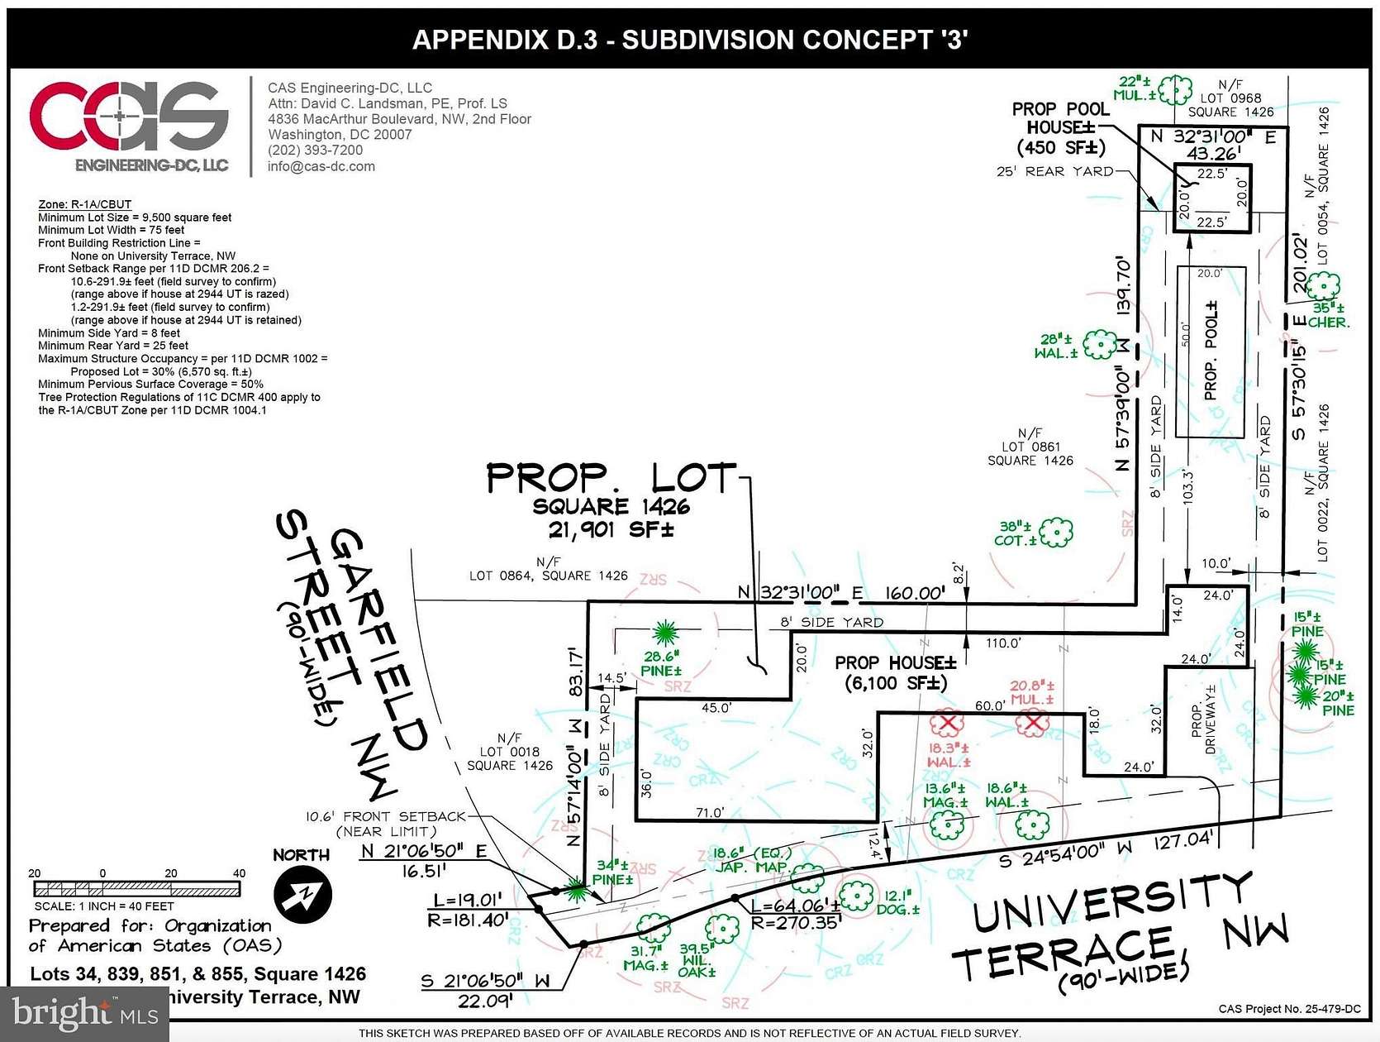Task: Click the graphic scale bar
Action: [137, 889]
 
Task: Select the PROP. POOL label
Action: [1211, 351]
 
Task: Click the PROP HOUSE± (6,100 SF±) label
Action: [895, 672]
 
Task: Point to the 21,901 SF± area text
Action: [611, 529]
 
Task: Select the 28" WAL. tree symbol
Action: [1100, 344]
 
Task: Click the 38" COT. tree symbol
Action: [1055, 533]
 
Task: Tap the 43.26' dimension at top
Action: [1213, 154]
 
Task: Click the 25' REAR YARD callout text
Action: [1055, 171]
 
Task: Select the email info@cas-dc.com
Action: [321, 166]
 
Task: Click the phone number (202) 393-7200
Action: [315, 151]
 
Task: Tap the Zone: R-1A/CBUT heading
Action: [84, 204]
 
